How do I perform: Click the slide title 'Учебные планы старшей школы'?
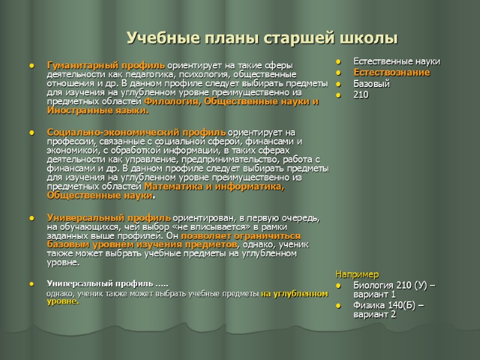[262, 39]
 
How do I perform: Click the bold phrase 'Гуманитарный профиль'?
[106, 64]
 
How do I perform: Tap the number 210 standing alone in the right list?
[361, 95]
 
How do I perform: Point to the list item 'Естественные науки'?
[397, 61]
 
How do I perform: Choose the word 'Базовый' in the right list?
[371, 83]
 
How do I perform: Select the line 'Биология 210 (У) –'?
[394, 285]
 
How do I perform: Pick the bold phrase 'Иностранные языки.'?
[97, 110]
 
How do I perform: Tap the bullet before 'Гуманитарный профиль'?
[31, 65]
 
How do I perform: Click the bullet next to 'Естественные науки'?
[339, 62]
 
